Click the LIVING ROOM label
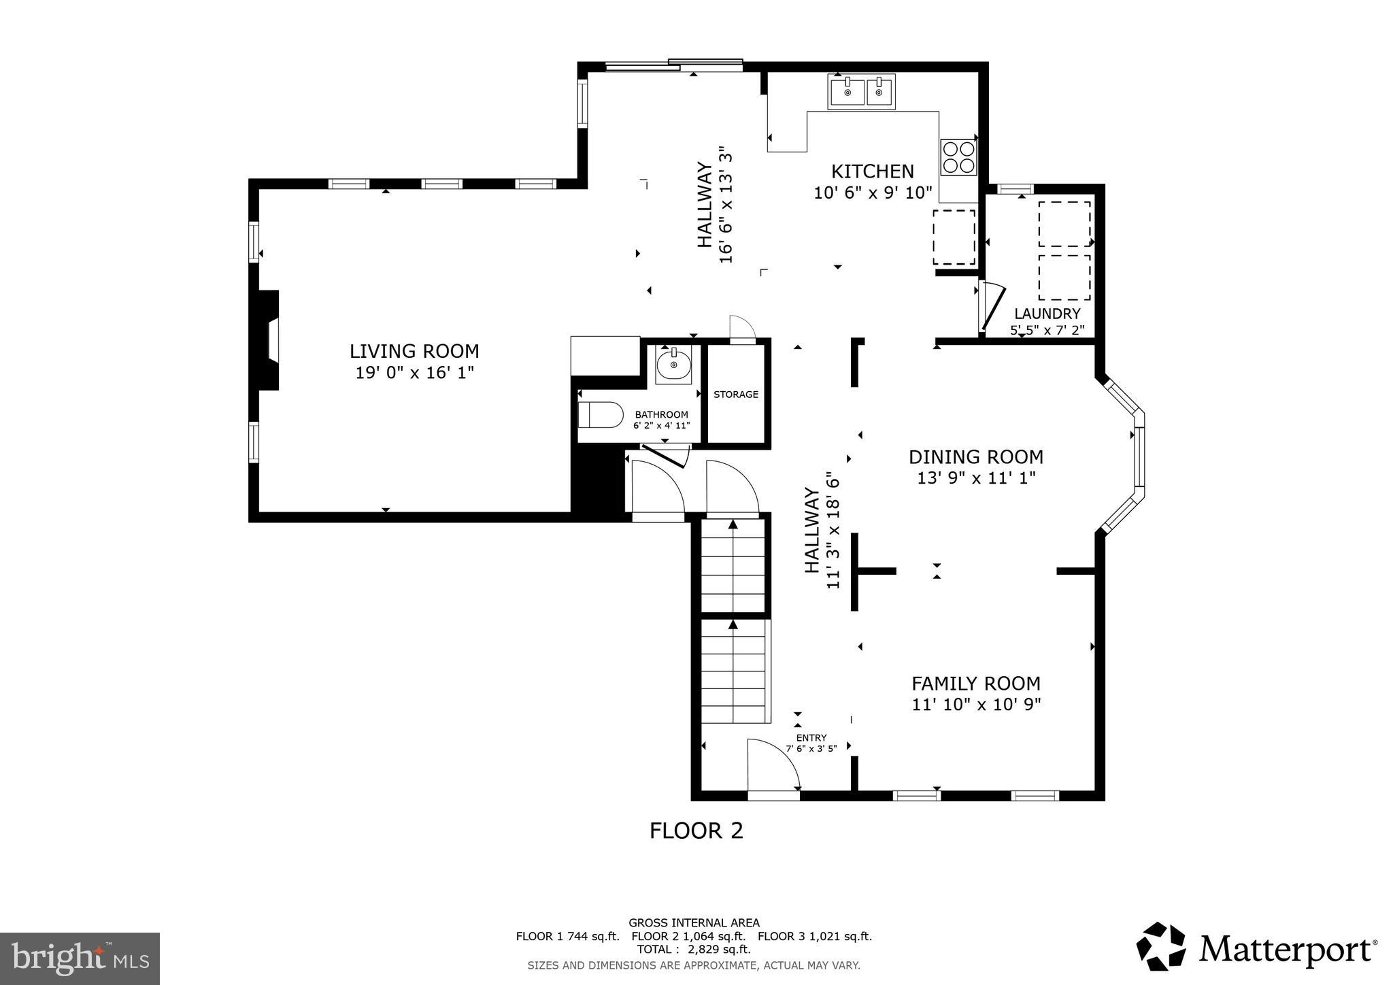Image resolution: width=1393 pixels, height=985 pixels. (414, 351)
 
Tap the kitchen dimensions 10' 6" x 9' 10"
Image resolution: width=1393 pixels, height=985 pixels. (873, 193)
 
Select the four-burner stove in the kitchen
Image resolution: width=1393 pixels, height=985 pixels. (958, 157)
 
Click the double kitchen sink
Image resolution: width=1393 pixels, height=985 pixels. (861, 91)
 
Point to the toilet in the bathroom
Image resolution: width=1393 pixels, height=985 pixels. (601, 414)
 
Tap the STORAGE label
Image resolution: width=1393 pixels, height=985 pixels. (735, 395)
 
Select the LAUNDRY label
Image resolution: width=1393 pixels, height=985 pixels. (1047, 314)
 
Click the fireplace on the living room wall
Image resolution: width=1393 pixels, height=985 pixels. (269, 340)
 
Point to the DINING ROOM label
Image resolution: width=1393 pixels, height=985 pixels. (975, 456)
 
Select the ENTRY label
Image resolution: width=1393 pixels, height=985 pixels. (811, 737)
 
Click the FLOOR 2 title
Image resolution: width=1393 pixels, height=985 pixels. (696, 831)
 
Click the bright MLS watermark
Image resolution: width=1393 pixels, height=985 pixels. (80, 959)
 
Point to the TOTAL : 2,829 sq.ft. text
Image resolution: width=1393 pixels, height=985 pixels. (693, 949)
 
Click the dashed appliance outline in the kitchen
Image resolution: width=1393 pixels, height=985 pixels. (954, 237)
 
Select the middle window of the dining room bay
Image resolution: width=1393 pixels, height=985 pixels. (1139, 456)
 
